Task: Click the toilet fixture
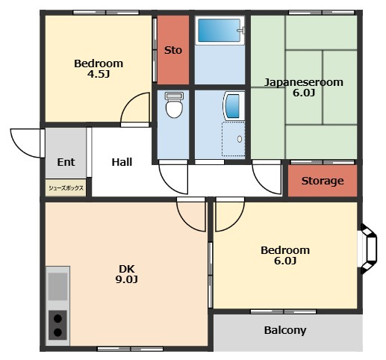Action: pos(174,105)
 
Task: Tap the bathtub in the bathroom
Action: pos(220,31)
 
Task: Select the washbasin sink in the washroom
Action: pos(234,106)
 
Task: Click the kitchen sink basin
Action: pos(57,286)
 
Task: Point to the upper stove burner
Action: pos(57,318)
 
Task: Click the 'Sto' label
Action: pos(173,50)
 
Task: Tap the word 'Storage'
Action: pos(323,181)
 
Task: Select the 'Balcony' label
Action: pos(285,330)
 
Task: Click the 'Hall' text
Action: pos(122,162)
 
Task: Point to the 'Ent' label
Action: pos(66,162)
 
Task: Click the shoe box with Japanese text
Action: pos(66,187)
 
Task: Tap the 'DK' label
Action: pos(127,269)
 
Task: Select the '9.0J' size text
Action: pos(126,279)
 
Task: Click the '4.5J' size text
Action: pos(99,74)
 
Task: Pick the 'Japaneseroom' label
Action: pos(304,82)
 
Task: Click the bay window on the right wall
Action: pos(369,249)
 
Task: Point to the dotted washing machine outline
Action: pos(233,139)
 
